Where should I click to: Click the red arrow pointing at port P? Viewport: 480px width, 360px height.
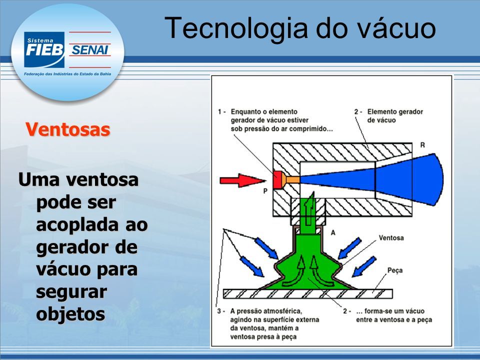tap(242, 180)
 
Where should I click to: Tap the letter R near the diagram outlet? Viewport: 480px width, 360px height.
tap(422, 145)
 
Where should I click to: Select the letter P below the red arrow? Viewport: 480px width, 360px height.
tap(265, 191)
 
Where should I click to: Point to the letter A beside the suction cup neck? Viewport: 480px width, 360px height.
tap(333, 232)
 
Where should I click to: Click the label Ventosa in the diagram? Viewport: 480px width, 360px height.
tap(391, 238)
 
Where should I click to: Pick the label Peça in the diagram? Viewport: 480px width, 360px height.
tap(395, 270)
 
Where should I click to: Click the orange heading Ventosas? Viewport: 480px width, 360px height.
tap(67, 129)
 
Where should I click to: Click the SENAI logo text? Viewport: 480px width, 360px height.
tap(90, 49)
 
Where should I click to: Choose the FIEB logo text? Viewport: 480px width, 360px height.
tap(44, 50)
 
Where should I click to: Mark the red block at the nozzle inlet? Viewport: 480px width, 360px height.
tap(278, 179)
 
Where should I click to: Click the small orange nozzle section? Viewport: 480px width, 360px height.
tap(291, 179)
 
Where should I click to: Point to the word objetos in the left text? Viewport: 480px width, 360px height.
tap(70, 313)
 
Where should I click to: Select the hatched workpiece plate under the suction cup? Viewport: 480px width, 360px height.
tap(307, 294)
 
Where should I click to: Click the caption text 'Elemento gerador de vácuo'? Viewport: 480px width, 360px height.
tap(395, 116)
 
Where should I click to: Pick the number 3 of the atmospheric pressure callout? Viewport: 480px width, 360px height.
tap(219, 311)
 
